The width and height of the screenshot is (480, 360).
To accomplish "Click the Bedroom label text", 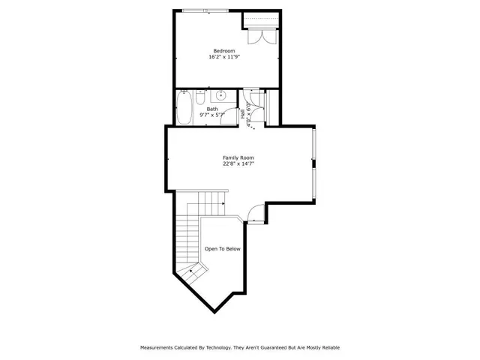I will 224,51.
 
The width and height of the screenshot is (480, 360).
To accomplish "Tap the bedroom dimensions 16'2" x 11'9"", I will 224,57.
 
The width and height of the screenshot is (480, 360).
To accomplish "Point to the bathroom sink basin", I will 221,96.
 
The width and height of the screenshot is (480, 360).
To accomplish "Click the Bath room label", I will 212,109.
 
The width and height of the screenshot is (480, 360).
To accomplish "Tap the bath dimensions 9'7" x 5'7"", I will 212,115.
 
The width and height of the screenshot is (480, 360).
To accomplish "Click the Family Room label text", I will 237,157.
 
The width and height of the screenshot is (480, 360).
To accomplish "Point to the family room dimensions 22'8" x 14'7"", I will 237,163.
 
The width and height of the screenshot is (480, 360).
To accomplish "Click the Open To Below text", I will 223,249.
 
